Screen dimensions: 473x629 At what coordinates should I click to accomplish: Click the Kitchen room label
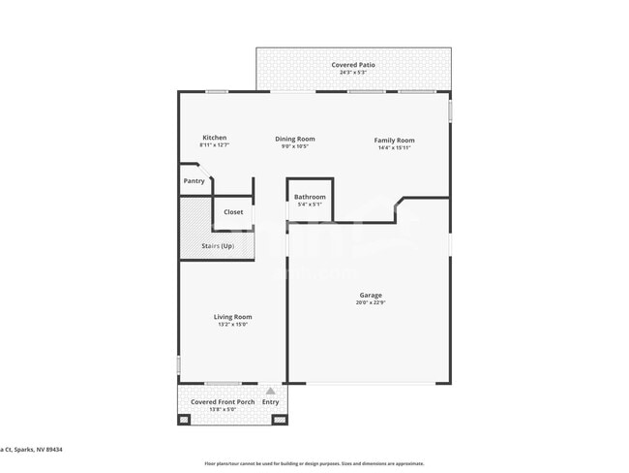pos(214,138)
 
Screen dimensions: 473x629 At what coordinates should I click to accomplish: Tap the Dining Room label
pos(294,139)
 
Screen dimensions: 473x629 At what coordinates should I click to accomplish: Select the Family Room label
pos(394,141)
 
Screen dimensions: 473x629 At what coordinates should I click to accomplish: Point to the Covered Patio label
pos(352,65)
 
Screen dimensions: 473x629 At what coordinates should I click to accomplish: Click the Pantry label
pos(194,180)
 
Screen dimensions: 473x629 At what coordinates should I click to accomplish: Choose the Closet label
pos(233,211)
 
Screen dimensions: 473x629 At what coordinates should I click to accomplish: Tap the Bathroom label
pos(310,197)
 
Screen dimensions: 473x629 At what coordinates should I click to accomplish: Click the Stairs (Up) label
pos(218,246)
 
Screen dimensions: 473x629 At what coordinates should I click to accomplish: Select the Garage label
pos(370,296)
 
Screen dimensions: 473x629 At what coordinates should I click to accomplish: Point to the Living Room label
pos(232,317)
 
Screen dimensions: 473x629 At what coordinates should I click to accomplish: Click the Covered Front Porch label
pos(223,401)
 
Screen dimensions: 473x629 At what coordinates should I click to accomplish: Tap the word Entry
pos(270,401)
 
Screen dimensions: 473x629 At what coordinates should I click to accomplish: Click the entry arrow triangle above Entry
pos(270,391)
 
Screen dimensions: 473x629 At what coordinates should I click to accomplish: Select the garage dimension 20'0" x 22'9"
pos(370,303)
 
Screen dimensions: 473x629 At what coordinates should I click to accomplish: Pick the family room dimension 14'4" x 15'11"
pos(394,148)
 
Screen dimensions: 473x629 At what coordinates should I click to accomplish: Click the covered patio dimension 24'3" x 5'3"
pos(352,73)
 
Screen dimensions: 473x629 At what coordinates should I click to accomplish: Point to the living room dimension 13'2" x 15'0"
pos(232,325)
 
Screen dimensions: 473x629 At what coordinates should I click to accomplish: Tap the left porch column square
pos(184,420)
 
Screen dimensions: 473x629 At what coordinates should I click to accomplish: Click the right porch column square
pos(280,420)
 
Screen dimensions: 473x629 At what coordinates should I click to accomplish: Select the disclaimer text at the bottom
pos(314,463)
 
